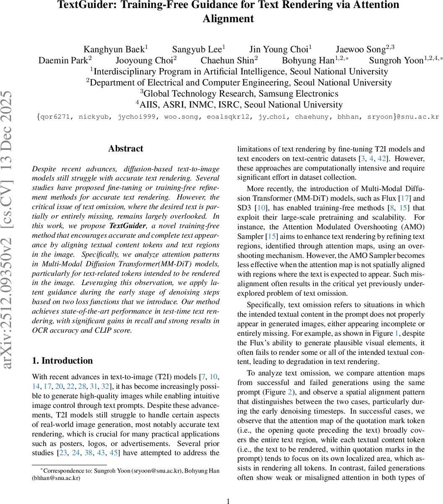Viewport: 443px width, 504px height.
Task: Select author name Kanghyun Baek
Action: (114, 50)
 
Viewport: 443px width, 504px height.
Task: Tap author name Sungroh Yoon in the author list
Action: (396, 60)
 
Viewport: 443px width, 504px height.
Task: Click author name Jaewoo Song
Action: (360, 50)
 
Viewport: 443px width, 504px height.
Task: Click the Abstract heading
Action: (125, 149)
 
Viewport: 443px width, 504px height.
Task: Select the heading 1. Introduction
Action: (63, 361)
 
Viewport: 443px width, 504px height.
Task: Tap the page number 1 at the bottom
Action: (228, 501)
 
